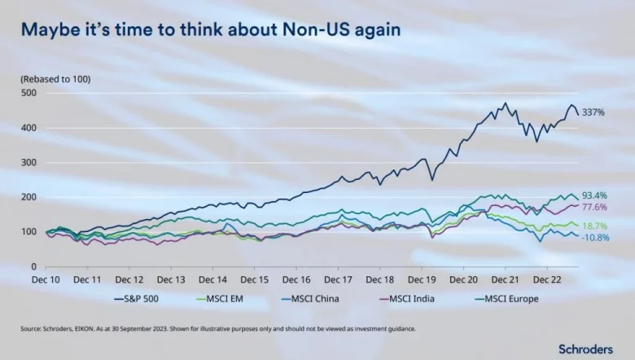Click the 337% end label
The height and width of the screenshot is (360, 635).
point(593,112)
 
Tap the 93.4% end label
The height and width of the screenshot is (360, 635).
point(593,195)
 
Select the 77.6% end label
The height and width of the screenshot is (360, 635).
point(593,208)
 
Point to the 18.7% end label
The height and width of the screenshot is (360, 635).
point(593,225)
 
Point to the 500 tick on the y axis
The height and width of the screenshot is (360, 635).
point(29,93)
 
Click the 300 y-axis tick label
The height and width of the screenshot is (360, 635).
point(29,163)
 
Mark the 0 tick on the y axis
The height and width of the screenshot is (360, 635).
point(33,266)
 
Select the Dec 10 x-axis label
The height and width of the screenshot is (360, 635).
point(46,278)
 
